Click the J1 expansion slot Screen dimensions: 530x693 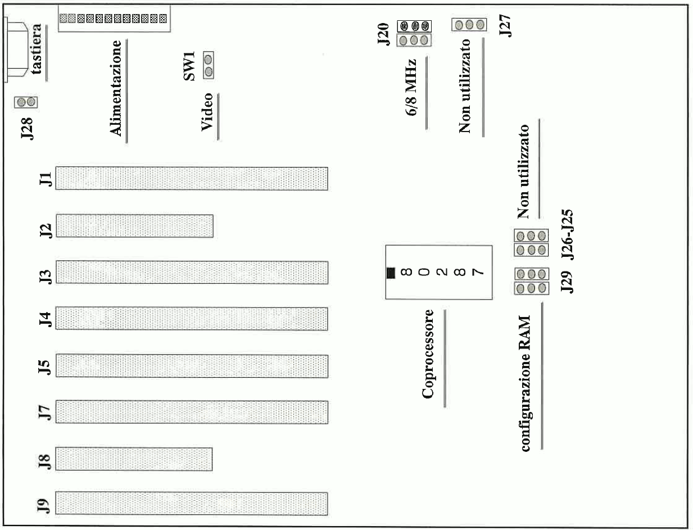click(192, 178)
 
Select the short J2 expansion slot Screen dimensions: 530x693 click(135, 225)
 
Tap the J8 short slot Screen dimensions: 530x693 click(134, 459)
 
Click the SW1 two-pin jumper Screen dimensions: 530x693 click(209, 65)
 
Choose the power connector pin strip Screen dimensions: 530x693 click(113, 19)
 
